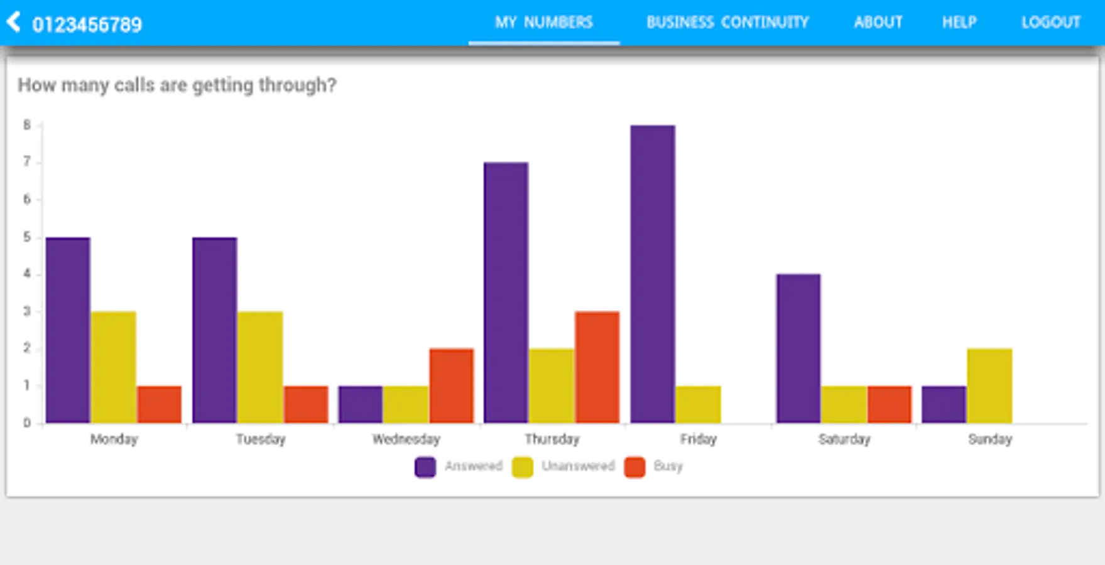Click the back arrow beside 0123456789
[x=13, y=22]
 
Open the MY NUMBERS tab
[x=543, y=23]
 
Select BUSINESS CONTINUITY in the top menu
[x=727, y=23]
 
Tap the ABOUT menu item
[x=878, y=23]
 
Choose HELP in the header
[x=959, y=23]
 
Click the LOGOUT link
[x=1050, y=23]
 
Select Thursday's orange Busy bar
[x=597, y=367]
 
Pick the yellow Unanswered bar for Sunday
[x=989, y=385]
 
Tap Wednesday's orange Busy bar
[x=451, y=385]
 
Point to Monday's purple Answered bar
[x=68, y=330]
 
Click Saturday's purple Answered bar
[x=798, y=348]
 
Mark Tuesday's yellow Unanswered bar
[x=260, y=367]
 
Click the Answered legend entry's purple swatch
[x=425, y=467]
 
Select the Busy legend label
[x=667, y=466]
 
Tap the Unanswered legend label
[x=577, y=466]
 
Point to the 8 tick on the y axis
[x=27, y=125]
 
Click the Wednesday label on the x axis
[x=406, y=439]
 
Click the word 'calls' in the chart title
[x=134, y=85]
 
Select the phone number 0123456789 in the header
[x=87, y=24]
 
